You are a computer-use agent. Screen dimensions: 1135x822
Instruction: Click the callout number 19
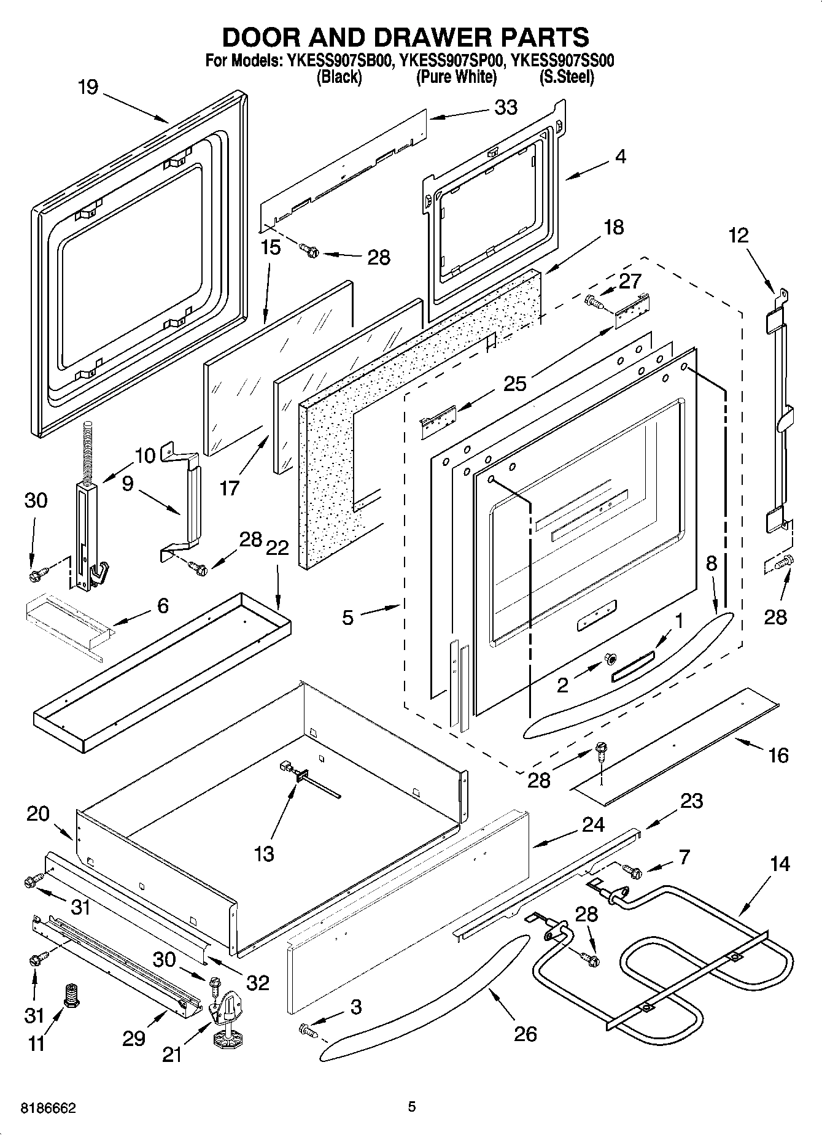(x=88, y=87)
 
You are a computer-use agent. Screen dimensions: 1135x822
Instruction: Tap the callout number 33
(x=506, y=107)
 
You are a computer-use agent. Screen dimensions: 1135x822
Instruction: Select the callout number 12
(x=739, y=235)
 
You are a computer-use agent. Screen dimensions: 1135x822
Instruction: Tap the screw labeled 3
(x=307, y=1029)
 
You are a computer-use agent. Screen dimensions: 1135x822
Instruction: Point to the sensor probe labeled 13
(x=305, y=778)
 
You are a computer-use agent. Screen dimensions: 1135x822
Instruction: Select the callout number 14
(x=779, y=864)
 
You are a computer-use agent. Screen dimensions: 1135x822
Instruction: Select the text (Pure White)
(x=456, y=77)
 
